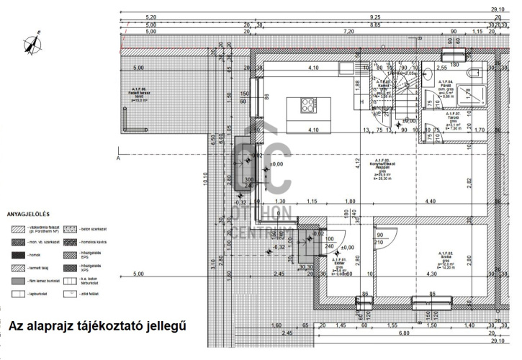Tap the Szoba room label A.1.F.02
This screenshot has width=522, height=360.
tap(445, 260)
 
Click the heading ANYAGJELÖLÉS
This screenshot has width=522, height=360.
tap(27, 214)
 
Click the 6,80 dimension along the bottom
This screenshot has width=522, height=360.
tap(404, 333)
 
